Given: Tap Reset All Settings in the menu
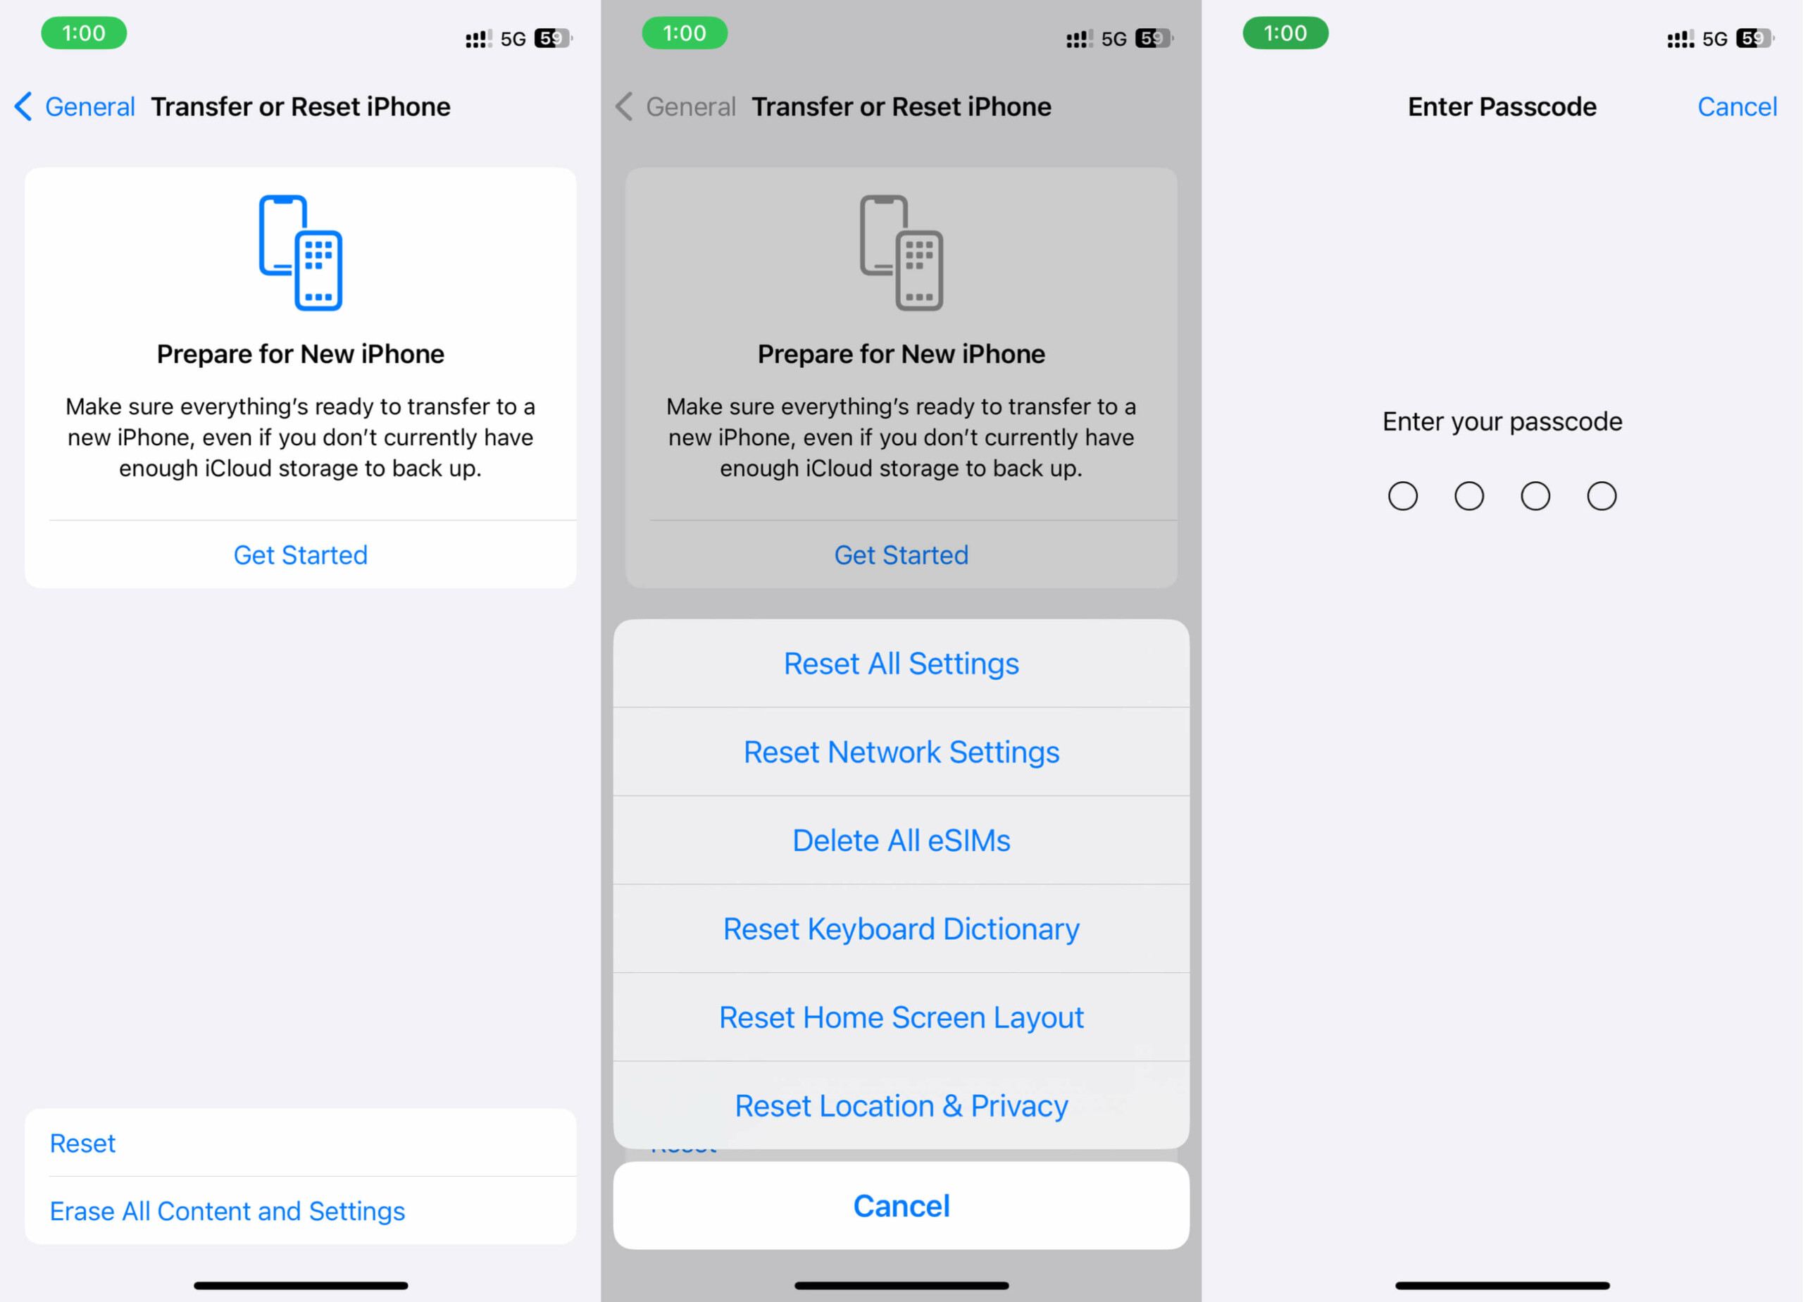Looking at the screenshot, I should point(901,663).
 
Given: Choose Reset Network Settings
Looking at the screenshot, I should point(901,752).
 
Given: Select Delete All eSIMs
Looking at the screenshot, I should point(901,840).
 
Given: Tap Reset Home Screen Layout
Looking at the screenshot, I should point(901,1017).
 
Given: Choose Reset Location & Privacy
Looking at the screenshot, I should point(901,1105).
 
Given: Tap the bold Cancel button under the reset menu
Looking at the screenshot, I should point(901,1205).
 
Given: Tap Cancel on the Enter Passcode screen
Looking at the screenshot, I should point(1736,106).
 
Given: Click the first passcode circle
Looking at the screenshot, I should point(1402,495).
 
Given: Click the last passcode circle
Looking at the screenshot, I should point(1601,495).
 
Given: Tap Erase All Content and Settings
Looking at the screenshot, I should point(227,1210).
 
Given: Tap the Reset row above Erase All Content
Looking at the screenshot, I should point(82,1143).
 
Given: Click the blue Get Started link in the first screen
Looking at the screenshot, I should point(301,554).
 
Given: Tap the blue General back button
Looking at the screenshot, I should point(75,106).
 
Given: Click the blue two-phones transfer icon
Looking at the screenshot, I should point(301,252).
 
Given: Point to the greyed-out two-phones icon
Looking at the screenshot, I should point(901,252).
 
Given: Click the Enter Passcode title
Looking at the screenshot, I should point(1502,106).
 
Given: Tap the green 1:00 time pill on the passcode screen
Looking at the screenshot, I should point(1285,33).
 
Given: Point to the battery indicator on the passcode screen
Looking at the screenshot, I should point(1754,38).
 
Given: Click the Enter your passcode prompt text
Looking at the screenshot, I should point(1502,421).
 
